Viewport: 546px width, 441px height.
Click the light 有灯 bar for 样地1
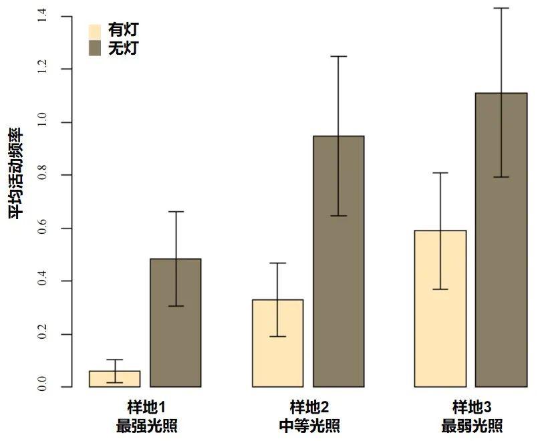[114, 379]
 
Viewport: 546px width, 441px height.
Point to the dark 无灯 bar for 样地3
[501, 240]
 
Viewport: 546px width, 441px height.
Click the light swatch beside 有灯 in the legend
[95, 31]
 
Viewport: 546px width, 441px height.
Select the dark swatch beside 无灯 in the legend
[95, 48]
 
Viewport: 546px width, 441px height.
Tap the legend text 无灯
[123, 48]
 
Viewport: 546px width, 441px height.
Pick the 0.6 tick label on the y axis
[43, 229]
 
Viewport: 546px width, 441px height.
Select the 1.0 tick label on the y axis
[43, 123]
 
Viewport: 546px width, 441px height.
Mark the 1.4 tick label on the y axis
[43, 17]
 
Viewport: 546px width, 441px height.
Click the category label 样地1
[146, 408]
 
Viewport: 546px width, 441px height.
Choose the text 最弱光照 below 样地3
[471, 426]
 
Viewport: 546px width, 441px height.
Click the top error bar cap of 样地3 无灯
[501, 8]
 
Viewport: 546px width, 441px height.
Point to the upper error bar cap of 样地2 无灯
[338, 56]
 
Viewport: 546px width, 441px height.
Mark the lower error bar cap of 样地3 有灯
[440, 289]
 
